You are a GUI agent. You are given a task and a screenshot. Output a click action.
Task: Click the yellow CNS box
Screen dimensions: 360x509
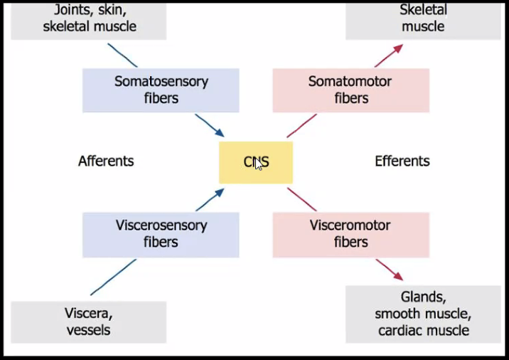255,162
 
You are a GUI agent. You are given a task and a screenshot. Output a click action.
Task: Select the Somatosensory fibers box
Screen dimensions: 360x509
161,90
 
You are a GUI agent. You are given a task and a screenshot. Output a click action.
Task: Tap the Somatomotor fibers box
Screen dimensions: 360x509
350,90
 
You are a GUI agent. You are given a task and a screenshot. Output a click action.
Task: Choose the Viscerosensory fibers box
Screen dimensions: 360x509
161,234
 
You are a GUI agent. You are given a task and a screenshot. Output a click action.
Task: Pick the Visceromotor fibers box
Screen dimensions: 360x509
350,234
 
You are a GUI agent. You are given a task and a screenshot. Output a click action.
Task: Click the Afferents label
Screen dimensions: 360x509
106,162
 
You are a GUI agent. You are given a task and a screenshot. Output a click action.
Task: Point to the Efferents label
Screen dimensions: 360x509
402,162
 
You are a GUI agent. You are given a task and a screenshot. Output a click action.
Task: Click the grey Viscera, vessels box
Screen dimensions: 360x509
89,322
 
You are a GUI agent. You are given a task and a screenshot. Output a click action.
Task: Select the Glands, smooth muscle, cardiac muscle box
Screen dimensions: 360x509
423,314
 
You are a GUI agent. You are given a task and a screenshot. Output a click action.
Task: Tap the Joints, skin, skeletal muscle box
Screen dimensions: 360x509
89,19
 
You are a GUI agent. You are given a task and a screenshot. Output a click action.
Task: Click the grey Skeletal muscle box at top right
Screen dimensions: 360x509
423,19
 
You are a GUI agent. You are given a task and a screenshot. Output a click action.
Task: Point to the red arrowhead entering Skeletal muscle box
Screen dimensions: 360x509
399,48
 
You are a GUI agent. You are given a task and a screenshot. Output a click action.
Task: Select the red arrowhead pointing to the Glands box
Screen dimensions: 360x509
399,277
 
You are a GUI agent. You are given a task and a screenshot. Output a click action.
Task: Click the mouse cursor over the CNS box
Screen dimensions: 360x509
257,163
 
